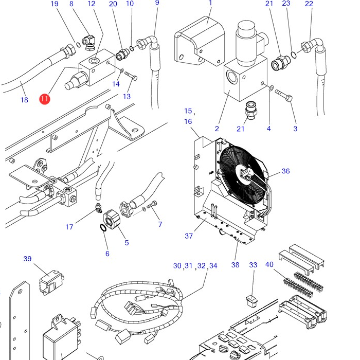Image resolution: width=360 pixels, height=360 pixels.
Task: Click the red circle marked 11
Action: (45, 98)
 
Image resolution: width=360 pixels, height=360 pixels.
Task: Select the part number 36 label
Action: (285, 171)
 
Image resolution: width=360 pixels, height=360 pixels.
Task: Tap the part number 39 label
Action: (28, 259)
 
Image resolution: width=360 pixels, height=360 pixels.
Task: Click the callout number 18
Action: (24, 100)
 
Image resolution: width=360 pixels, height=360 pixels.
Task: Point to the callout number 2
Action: (217, 129)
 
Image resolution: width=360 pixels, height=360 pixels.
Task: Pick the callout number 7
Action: (160, 224)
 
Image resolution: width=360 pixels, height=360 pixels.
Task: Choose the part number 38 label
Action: (236, 265)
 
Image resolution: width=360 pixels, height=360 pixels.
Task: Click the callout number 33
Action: (253, 265)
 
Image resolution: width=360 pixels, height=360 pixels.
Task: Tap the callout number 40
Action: (269, 264)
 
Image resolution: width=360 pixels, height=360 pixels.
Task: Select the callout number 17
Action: (70, 227)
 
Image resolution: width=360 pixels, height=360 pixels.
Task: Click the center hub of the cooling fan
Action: (244, 175)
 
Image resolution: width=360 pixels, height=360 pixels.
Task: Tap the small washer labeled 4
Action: (271, 88)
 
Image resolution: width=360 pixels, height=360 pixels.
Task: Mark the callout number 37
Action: (189, 236)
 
